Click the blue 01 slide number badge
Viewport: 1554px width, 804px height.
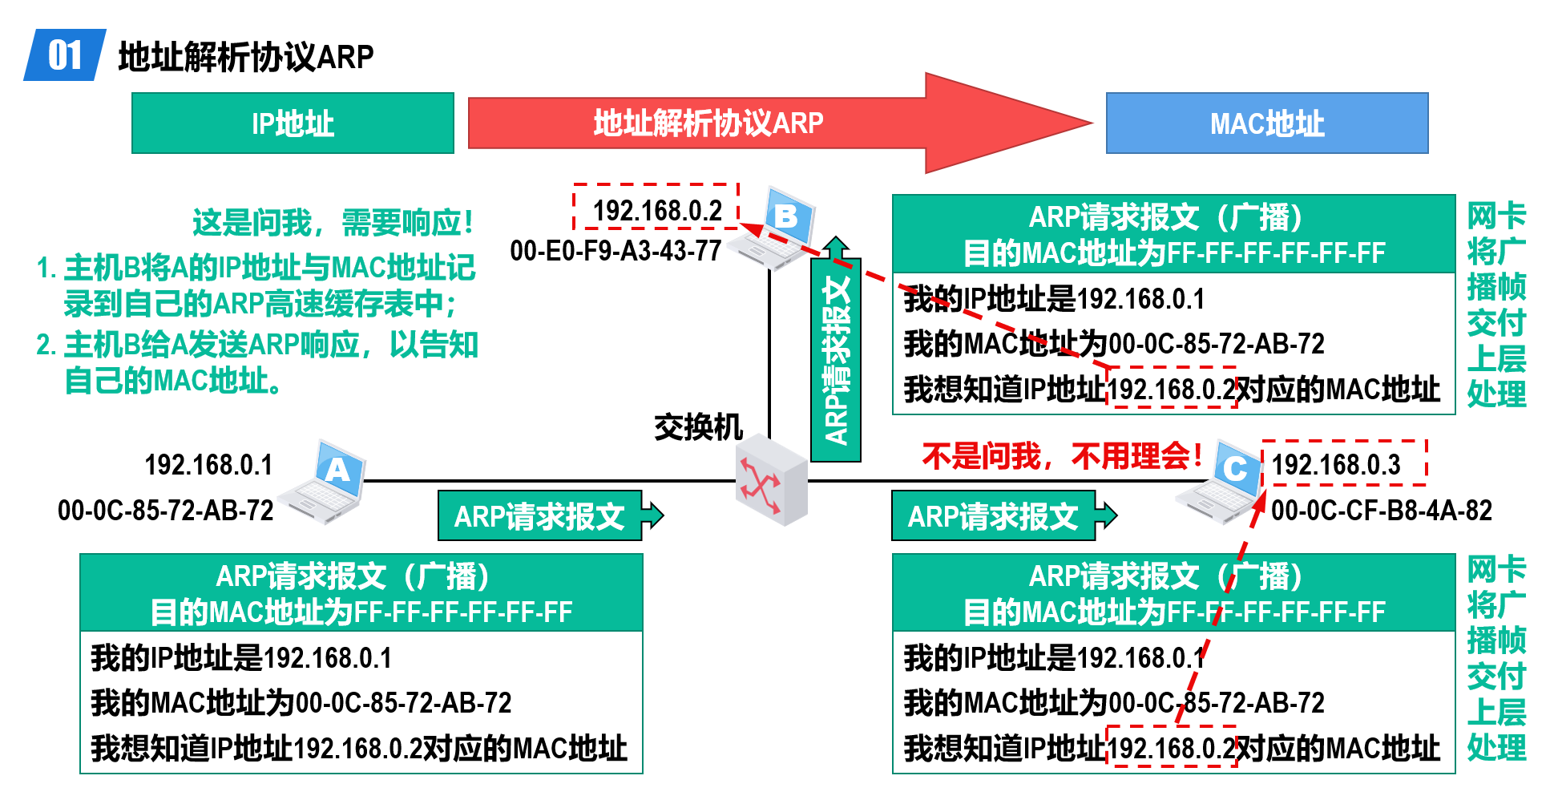[x=65, y=55]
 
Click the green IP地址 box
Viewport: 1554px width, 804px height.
[x=293, y=123]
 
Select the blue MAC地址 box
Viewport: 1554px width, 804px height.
[x=1267, y=123]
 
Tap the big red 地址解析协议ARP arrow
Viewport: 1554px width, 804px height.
[x=779, y=123]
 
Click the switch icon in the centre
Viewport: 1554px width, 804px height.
[x=771, y=480]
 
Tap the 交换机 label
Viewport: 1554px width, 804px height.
[x=698, y=427]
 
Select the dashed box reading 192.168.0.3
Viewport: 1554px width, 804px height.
[x=1344, y=463]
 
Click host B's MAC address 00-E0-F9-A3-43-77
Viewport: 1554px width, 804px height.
[x=616, y=251]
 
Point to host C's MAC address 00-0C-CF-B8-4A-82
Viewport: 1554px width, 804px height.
[x=1382, y=511]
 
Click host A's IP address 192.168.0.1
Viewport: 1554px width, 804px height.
[x=208, y=465]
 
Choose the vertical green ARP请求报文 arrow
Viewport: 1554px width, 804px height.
[x=836, y=349]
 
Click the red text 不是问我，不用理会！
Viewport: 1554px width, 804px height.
[x=1063, y=456]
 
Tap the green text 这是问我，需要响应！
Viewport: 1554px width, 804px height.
[x=333, y=222]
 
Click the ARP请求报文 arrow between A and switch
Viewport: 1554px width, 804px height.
[x=551, y=515]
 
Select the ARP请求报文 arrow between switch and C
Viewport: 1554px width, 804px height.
[x=1004, y=515]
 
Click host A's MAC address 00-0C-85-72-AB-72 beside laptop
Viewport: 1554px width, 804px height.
[x=166, y=511]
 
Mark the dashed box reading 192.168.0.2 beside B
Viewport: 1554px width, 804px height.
[x=656, y=207]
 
